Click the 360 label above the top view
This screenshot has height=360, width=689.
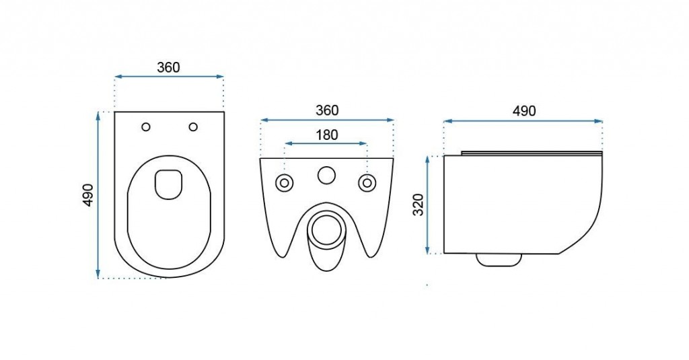(168, 67)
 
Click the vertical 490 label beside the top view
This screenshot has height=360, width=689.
(88, 195)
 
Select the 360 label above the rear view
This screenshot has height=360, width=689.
(328, 110)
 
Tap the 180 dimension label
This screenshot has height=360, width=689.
(327, 135)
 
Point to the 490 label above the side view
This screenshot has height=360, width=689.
(524, 111)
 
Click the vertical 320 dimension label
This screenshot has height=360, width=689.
(419, 205)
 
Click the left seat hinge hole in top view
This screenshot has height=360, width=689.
(146, 127)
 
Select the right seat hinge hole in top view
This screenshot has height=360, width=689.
(193, 127)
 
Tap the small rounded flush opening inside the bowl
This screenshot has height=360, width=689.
(168, 184)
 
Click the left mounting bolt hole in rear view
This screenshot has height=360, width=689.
(285, 182)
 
